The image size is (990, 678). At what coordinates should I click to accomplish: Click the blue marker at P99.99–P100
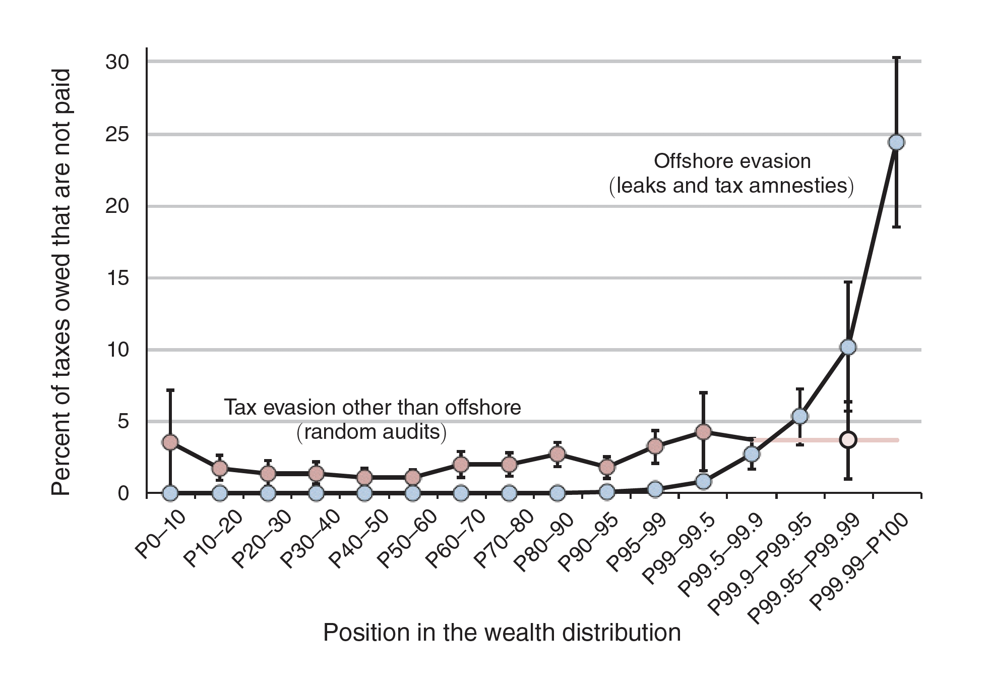point(896,142)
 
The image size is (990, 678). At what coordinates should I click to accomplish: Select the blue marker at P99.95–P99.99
point(848,347)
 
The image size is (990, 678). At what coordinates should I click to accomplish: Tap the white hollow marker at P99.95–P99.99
point(848,439)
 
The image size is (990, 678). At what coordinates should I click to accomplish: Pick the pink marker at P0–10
point(170,442)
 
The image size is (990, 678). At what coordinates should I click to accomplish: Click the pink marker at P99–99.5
point(703,431)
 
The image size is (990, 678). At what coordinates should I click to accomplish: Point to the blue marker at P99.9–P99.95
point(799,416)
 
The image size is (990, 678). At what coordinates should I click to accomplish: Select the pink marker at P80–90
point(557,454)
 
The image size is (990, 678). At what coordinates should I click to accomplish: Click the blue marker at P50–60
point(412,493)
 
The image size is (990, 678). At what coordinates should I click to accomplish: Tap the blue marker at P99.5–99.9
point(752,454)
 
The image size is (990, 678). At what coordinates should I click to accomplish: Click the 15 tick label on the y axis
point(117,278)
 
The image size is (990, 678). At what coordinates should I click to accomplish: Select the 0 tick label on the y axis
point(123,493)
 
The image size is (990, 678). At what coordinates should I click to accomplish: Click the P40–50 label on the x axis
point(357,539)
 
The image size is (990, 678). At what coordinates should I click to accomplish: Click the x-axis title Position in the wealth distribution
point(502,633)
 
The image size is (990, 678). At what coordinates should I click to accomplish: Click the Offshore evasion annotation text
point(732,161)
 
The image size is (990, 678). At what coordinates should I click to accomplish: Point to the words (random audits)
point(372,432)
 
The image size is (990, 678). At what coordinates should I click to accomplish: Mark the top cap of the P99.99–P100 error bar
point(896,58)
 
